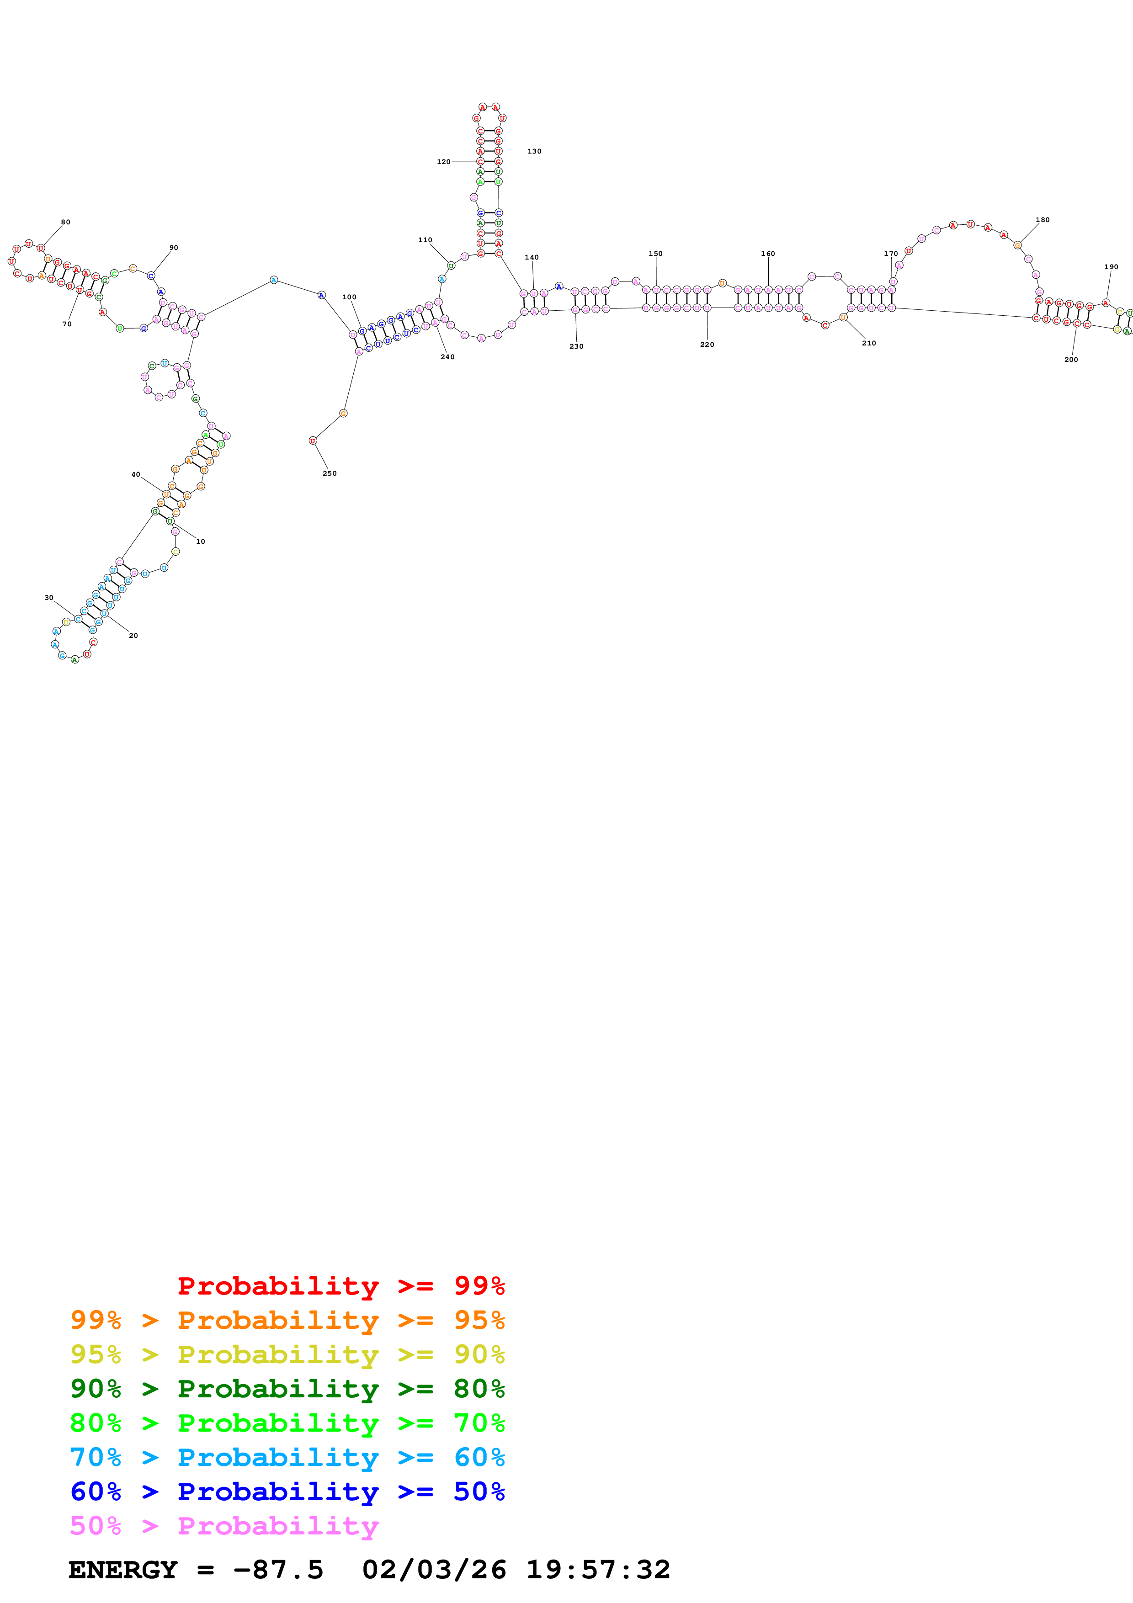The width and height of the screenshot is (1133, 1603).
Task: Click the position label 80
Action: pyautogui.click(x=66, y=222)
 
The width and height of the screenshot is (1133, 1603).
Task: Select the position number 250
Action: pyautogui.click(x=330, y=473)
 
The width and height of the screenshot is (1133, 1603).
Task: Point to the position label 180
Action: pyautogui.click(x=1042, y=220)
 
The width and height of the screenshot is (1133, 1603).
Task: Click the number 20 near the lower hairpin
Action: pyautogui.click(x=133, y=635)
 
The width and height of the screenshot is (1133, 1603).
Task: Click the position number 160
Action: pyautogui.click(x=768, y=254)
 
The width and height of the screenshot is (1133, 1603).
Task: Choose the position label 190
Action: pyautogui.click(x=1112, y=267)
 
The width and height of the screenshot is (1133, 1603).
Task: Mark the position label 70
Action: pyautogui.click(x=67, y=324)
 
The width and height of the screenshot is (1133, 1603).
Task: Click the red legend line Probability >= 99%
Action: pyautogui.click(x=340, y=1286)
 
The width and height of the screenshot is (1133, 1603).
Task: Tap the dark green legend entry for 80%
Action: pyautogui.click(x=287, y=1389)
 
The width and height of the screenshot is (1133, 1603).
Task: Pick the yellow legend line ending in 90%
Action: pyautogui.click(x=287, y=1354)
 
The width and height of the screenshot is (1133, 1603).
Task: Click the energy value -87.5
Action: pyautogui.click(x=278, y=1570)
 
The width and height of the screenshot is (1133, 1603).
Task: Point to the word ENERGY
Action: pyautogui.click(x=123, y=1570)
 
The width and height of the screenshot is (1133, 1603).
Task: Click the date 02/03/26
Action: pyautogui.click(x=434, y=1570)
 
